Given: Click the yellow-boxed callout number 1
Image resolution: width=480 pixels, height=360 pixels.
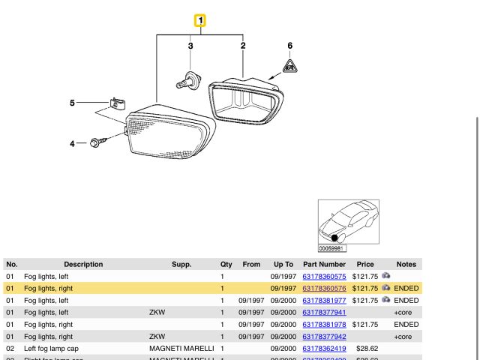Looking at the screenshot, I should [200, 21].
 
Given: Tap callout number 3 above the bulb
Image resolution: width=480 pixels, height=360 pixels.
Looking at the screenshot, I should [190, 46].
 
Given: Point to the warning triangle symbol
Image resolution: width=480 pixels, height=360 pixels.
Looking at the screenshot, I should [290, 67].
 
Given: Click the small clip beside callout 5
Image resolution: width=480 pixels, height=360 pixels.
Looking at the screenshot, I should [116, 103].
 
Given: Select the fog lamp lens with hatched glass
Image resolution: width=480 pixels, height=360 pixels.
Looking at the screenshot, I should [169, 133].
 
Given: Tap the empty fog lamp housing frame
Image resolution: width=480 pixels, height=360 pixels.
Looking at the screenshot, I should [247, 100].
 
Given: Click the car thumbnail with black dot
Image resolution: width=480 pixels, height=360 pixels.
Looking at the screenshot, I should [348, 222].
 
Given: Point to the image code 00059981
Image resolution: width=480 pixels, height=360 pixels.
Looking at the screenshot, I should [331, 249].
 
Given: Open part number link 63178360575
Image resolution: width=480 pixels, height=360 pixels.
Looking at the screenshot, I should [324, 276].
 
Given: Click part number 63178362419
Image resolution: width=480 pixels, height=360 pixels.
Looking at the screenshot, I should [324, 349].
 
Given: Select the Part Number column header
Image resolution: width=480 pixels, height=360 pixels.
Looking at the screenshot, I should [324, 264].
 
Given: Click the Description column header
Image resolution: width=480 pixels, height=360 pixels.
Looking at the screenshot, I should [83, 264].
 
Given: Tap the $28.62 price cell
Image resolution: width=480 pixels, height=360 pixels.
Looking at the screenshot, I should [367, 349].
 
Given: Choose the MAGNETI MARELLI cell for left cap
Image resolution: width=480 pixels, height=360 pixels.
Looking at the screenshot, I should [182, 349].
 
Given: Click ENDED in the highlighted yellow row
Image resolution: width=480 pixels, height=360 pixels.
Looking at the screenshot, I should [406, 288].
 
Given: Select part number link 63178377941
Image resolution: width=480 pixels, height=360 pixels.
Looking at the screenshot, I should [324, 312].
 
